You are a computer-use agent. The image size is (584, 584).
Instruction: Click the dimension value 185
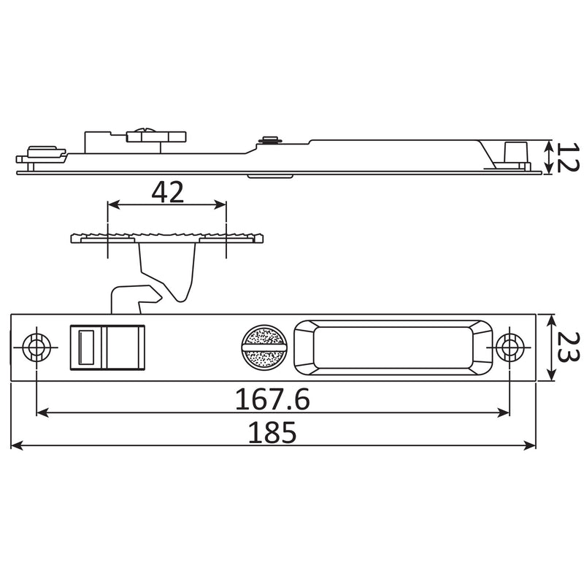tap(272, 433)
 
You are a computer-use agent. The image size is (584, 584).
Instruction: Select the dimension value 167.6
tap(272, 399)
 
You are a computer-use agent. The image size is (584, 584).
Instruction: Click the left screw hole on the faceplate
tap(34, 347)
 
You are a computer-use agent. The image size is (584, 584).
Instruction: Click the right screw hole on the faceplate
tap(508, 347)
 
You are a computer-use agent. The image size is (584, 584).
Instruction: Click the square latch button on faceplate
tap(109, 347)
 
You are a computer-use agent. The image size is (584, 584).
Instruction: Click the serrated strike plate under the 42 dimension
tap(167, 238)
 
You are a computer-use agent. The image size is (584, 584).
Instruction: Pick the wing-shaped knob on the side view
tap(156, 135)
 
